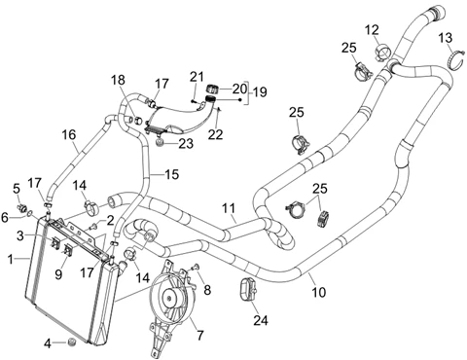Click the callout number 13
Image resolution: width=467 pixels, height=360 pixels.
(446, 38)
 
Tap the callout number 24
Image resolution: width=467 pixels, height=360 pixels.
(261, 320)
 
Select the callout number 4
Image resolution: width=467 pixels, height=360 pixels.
(48, 343)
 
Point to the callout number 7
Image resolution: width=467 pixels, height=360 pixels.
(200, 335)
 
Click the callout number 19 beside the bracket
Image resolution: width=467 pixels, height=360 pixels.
(260, 91)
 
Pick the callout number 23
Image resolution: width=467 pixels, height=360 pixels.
(186, 144)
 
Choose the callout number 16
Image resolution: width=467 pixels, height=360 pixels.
(69, 134)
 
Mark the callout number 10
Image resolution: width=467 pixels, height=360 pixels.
(318, 292)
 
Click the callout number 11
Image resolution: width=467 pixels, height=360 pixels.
(230, 208)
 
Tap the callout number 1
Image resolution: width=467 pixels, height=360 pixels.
(11, 259)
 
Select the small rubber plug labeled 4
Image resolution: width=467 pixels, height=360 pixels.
(73, 342)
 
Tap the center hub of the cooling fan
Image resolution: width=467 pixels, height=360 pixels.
(170, 296)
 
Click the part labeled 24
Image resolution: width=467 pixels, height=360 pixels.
(247, 289)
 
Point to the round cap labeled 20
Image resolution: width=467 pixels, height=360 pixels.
(212, 89)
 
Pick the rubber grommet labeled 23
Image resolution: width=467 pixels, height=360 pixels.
(161, 142)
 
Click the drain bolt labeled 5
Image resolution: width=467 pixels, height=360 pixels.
(23, 208)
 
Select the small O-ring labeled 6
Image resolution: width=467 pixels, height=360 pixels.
(30, 213)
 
